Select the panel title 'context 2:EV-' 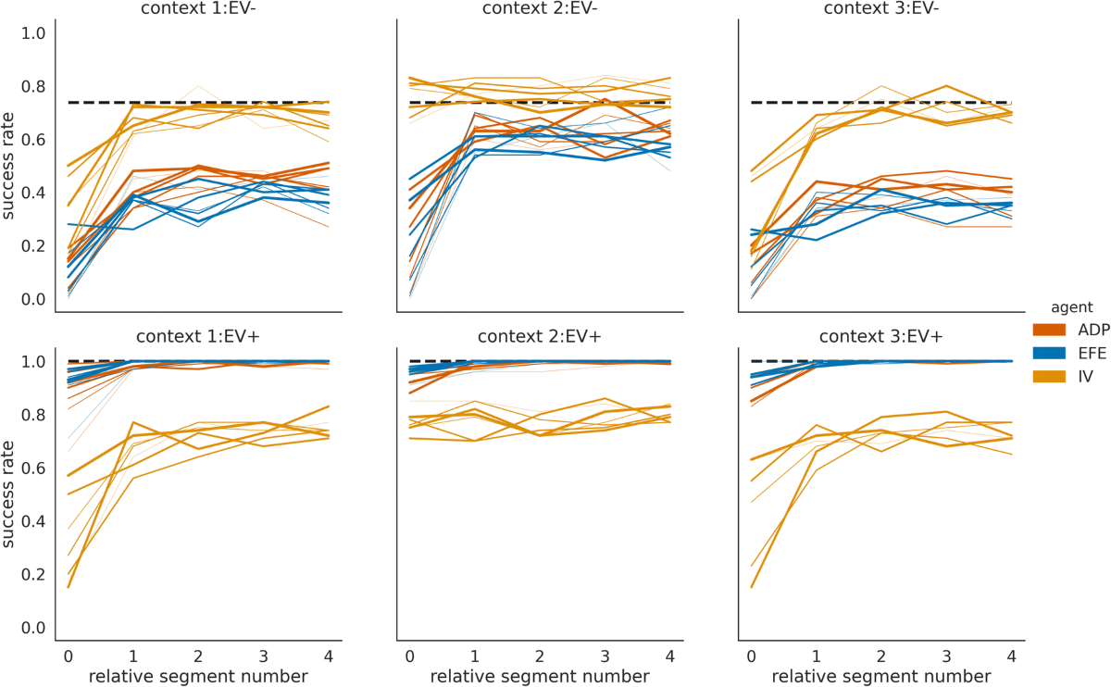540,8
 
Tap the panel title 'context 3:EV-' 882,8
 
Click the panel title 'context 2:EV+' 540,337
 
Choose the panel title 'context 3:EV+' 882,337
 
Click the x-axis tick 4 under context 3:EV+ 1011,656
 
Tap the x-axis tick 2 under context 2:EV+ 540,656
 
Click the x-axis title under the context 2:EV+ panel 540,677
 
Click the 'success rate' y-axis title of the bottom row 10,492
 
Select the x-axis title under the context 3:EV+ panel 882,677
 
